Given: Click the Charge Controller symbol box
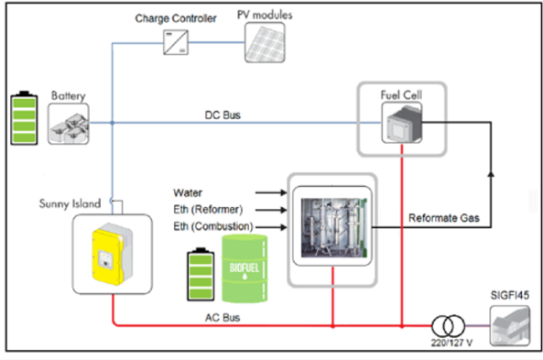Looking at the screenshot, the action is tap(176, 42).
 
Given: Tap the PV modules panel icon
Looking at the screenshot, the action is tap(265, 43).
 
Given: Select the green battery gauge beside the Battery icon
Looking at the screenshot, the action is tap(24, 118).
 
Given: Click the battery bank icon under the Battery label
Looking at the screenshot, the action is tap(69, 124).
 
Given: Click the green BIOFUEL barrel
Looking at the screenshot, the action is tap(244, 268).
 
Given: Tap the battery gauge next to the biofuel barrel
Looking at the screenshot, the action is tap(201, 274).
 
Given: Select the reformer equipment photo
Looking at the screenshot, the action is tap(332, 228).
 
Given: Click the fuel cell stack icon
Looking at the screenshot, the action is tap(402, 123).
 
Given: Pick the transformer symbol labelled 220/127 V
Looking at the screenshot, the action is tap(448, 326).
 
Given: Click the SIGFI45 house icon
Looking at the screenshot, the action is tap(510, 326).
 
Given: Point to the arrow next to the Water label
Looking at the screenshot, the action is tap(271, 192).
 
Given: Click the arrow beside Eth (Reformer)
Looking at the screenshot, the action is tap(271, 210).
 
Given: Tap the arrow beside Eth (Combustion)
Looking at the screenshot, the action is tap(271, 227).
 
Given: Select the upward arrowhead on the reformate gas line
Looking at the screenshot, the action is tap(491, 174).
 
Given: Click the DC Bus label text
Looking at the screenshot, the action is tap(223, 115).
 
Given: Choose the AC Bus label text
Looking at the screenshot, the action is tap(223, 317).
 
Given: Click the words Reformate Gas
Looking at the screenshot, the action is tap(444, 218).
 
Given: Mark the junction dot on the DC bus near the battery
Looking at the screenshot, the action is tap(113, 123).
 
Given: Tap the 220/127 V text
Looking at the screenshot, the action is tap(451, 343).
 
